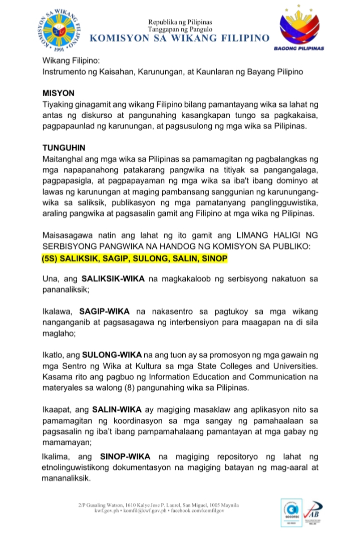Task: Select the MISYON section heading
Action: pos(59,93)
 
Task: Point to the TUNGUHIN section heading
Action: pos(64,148)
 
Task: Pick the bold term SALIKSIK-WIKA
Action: pos(114,278)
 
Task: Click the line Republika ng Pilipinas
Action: pos(180,22)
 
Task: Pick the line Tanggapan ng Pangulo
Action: pos(180,30)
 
